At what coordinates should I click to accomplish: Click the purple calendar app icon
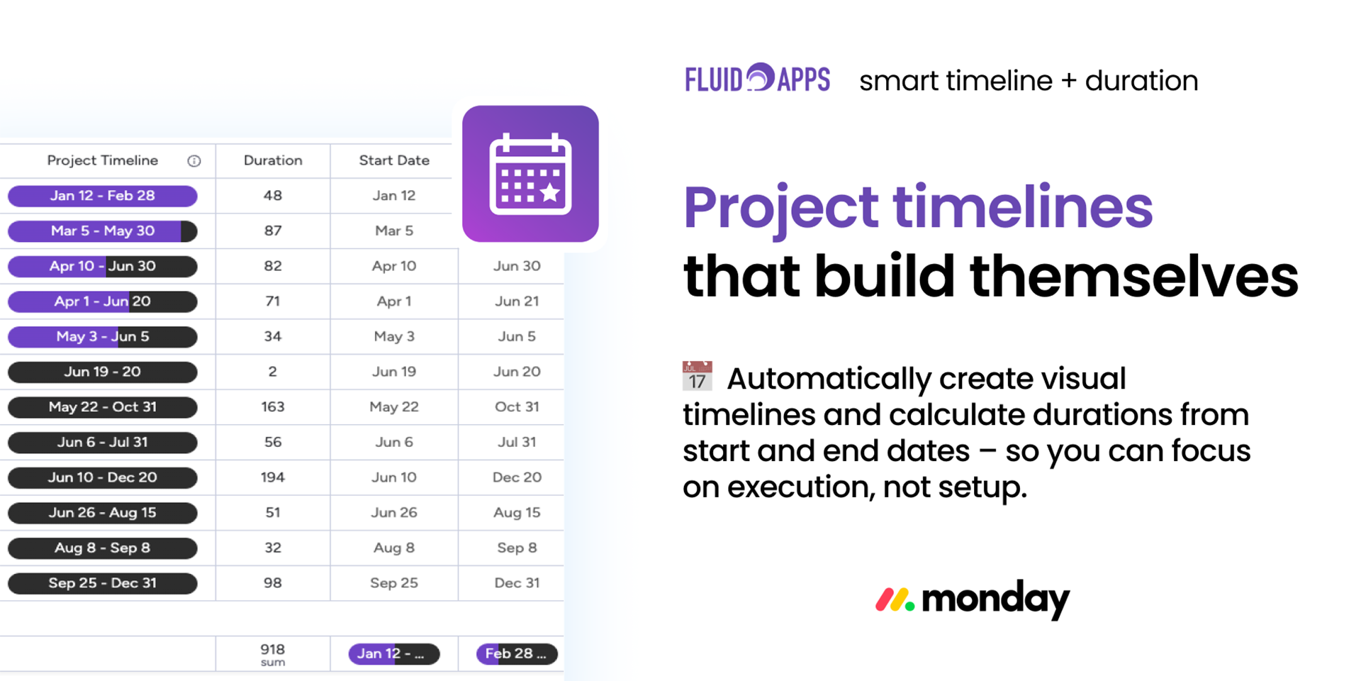pyautogui.click(x=530, y=174)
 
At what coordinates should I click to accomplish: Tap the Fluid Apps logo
pyautogui.click(x=757, y=78)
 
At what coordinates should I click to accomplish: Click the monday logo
pyautogui.click(x=973, y=599)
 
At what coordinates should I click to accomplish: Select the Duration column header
pyautogui.click(x=273, y=160)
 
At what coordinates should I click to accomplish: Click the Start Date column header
pyautogui.click(x=394, y=160)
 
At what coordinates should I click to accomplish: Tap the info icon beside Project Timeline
pyautogui.click(x=194, y=161)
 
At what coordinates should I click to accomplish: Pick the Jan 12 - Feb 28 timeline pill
pyautogui.click(x=103, y=196)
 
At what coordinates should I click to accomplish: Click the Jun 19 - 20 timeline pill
pyautogui.click(x=103, y=372)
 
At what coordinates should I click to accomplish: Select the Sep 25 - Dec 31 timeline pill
pyautogui.click(x=103, y=583)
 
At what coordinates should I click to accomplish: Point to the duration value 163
pyautogui.click(x=273, y=407)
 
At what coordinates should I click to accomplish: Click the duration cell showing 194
pyautogui.click(x=273, y=477)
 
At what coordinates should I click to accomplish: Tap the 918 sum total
pyautogui.click(x=273, y=654)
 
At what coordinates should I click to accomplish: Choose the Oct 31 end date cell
pyautogui.click(x=517, y=407)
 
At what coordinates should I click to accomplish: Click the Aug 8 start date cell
pyautogui.click(x=394, y=548)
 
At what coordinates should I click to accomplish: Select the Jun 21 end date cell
pyautogui.click(x=517, y=301)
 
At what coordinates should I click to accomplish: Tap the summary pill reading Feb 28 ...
pyautogui.click(x=517, y=654)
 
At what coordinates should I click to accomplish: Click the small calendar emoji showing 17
pyautogui.click(x=698, y=376)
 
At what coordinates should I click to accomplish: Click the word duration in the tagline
pyautogui.click(x=1141, y=81)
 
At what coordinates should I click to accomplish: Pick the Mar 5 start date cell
pyautogui.click(x=394, y=231)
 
